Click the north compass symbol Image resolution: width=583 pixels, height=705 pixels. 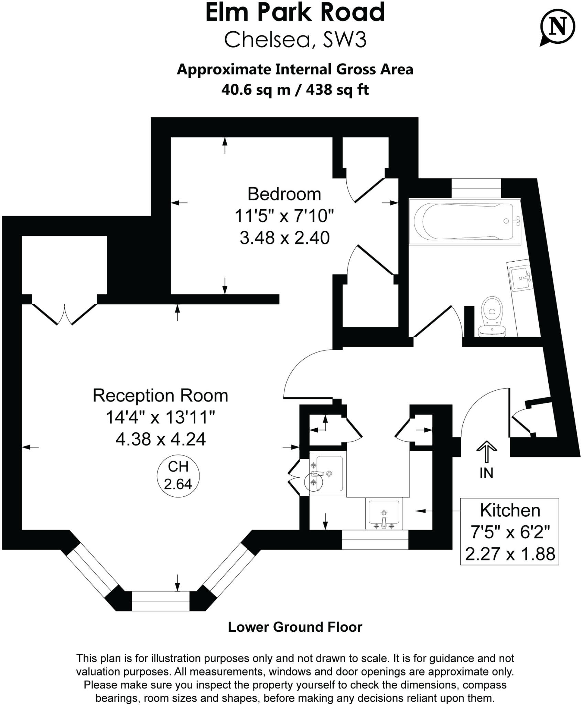(x=557, y=27)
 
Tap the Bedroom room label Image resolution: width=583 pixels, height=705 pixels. (x=284, y=194)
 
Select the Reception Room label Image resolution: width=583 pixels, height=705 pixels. (x=160, y=396)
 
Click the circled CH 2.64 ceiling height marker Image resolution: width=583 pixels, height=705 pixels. (x=178, y=475)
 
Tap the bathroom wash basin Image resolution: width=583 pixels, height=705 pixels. (x=521, y=277)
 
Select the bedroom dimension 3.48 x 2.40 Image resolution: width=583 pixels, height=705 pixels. (x=284, y=238)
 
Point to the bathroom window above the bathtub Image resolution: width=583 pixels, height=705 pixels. (x=476, y=188)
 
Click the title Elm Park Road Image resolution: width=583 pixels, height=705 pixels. (x=295, y=13)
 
